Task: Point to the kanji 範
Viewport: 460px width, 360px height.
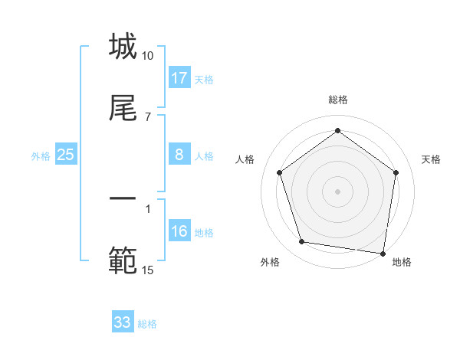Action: pos(123,260)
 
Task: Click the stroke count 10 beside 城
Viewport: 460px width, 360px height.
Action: pos(148,56)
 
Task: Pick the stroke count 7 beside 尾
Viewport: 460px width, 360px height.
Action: pos(148,116)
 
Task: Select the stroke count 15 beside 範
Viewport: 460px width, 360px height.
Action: pos(148,270)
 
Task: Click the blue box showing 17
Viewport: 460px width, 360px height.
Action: pos(179,78)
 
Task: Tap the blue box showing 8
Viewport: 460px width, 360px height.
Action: pos(179,155)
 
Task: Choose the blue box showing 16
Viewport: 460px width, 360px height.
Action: pos(179,231)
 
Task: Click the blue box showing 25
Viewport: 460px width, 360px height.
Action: pos(66,155)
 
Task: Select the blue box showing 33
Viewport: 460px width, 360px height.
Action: pos(123,322)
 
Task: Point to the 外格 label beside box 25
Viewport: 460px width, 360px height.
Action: pos(41,155)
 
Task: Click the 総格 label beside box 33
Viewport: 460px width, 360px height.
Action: pos(147,324)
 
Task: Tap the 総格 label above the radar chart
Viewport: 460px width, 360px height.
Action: pos(338,100)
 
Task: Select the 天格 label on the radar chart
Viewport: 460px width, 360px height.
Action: pos(432,159)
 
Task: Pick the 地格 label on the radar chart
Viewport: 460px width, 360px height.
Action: pos(402,262)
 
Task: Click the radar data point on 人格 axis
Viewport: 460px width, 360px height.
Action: pos(279,173)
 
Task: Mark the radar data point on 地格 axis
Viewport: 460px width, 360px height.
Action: pos(383,253)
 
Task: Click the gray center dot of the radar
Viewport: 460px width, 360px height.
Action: pos(338,191)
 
